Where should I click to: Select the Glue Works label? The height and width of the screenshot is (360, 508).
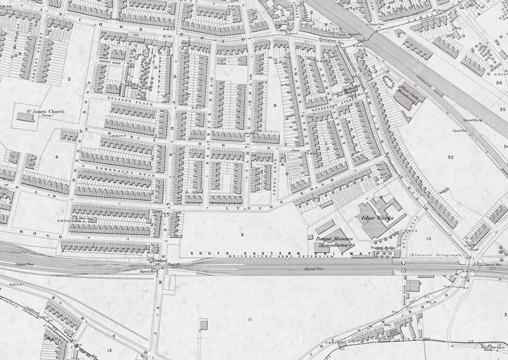coord(375,217)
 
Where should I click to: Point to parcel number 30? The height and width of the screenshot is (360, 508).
coord(450,157)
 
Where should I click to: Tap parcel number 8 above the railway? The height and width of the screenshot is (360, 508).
coord(241,234)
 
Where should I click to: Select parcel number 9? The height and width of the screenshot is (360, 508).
coord(275,105)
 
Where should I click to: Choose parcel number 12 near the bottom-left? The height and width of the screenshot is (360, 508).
coord(109,350)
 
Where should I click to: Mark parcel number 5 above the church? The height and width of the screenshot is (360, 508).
coord(68,78)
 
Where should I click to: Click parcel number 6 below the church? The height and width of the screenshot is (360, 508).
coord(57,156)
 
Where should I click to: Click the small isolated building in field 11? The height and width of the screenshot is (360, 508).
coord(203,325)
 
